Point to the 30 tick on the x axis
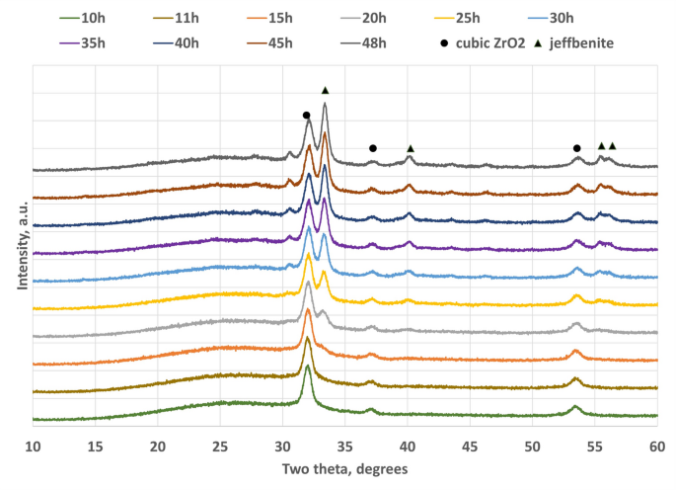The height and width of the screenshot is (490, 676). pyautogui.click(x=282, y=447)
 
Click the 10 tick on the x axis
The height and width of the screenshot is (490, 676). pyautogui.click(x=33, y=447)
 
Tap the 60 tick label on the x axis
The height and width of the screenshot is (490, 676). pyautogui.click(x=656, y=447)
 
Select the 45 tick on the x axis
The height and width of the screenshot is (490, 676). pyautogui.click(x=470, y=447)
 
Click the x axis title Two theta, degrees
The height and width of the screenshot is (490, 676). pyautogui.click(x=344, y=468)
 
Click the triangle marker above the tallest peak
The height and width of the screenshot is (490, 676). pyautogui.click(x=325, y=90)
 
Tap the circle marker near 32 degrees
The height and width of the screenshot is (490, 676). pyautogui.click(x=306, y=116)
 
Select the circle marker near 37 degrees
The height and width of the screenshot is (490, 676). pyautogui.click(x=372, y=148)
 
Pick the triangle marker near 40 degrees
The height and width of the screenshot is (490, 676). pyautogui.click(x=411, y=148)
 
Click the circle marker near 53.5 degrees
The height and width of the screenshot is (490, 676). pyautogui.click(x=576, y=148)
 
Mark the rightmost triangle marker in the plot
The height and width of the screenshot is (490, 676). pyautogui.click(x=612, y=146)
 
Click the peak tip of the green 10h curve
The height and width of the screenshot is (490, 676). pyautogui.click(x=308, y=367)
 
